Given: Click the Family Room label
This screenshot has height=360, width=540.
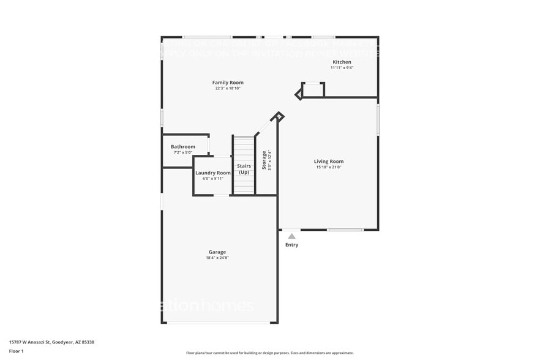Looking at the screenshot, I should [x=228, y=83].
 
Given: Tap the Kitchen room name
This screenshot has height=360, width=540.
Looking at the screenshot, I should [x=342, y=62].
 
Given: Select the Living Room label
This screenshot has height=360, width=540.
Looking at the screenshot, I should [x=329, y=162].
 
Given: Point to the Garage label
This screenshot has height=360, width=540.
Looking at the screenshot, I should [x=217, y=252].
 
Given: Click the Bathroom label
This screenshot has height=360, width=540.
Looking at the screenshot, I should [x=183, y=147].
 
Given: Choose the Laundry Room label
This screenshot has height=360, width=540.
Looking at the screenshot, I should [x=213, y=173].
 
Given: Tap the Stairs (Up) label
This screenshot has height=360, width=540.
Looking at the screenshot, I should [x=244, y=169].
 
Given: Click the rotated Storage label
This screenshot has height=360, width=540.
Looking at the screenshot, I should [x=264, y=160].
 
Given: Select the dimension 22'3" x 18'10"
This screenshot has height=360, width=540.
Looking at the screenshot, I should [x=228, y=89].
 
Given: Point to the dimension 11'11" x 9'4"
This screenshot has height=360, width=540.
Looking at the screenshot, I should [x=342, y=68].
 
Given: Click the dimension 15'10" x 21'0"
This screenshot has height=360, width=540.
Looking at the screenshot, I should [x=329, y=167].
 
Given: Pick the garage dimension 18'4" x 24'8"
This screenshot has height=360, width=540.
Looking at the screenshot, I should [x=217, y=258].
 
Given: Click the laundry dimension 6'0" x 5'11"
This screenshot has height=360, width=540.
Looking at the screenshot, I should [x=212, y=179].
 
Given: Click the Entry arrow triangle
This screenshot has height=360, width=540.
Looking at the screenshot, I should [x=292, y=236].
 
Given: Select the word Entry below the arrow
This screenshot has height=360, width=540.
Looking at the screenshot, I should [x=292, y=245].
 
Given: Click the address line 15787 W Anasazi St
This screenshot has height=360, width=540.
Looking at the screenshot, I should [x=51, y=342].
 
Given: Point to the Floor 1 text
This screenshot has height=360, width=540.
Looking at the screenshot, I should [x=16, y=351].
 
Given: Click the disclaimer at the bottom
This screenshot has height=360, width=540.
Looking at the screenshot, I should [x=270, y=353].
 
